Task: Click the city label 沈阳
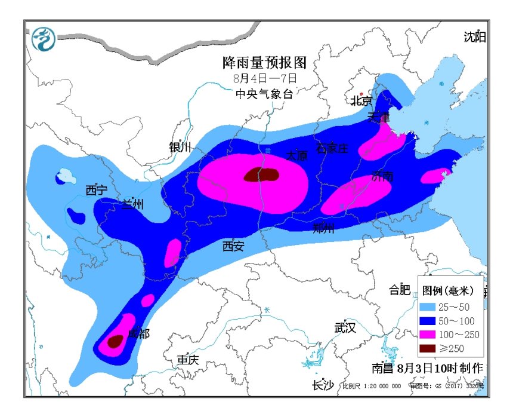click(x=475, y=37)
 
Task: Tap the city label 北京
click(x=361, y=100)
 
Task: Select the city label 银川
click(x=180, y=147)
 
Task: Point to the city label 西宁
click(x=96, y=190)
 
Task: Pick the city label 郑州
click(x=324, y=228)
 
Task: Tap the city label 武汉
click(x=345, y=327)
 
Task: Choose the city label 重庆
click(x=187, y=360)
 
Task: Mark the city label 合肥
click(x=400, y=290)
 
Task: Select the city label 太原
click(x=296, y=155)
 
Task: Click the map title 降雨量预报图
click(x=264, y=63)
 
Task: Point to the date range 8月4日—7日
click(x=264, y=78)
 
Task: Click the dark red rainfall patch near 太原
click(x=261, y=174)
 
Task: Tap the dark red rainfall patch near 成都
click(x=115, y=341)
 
